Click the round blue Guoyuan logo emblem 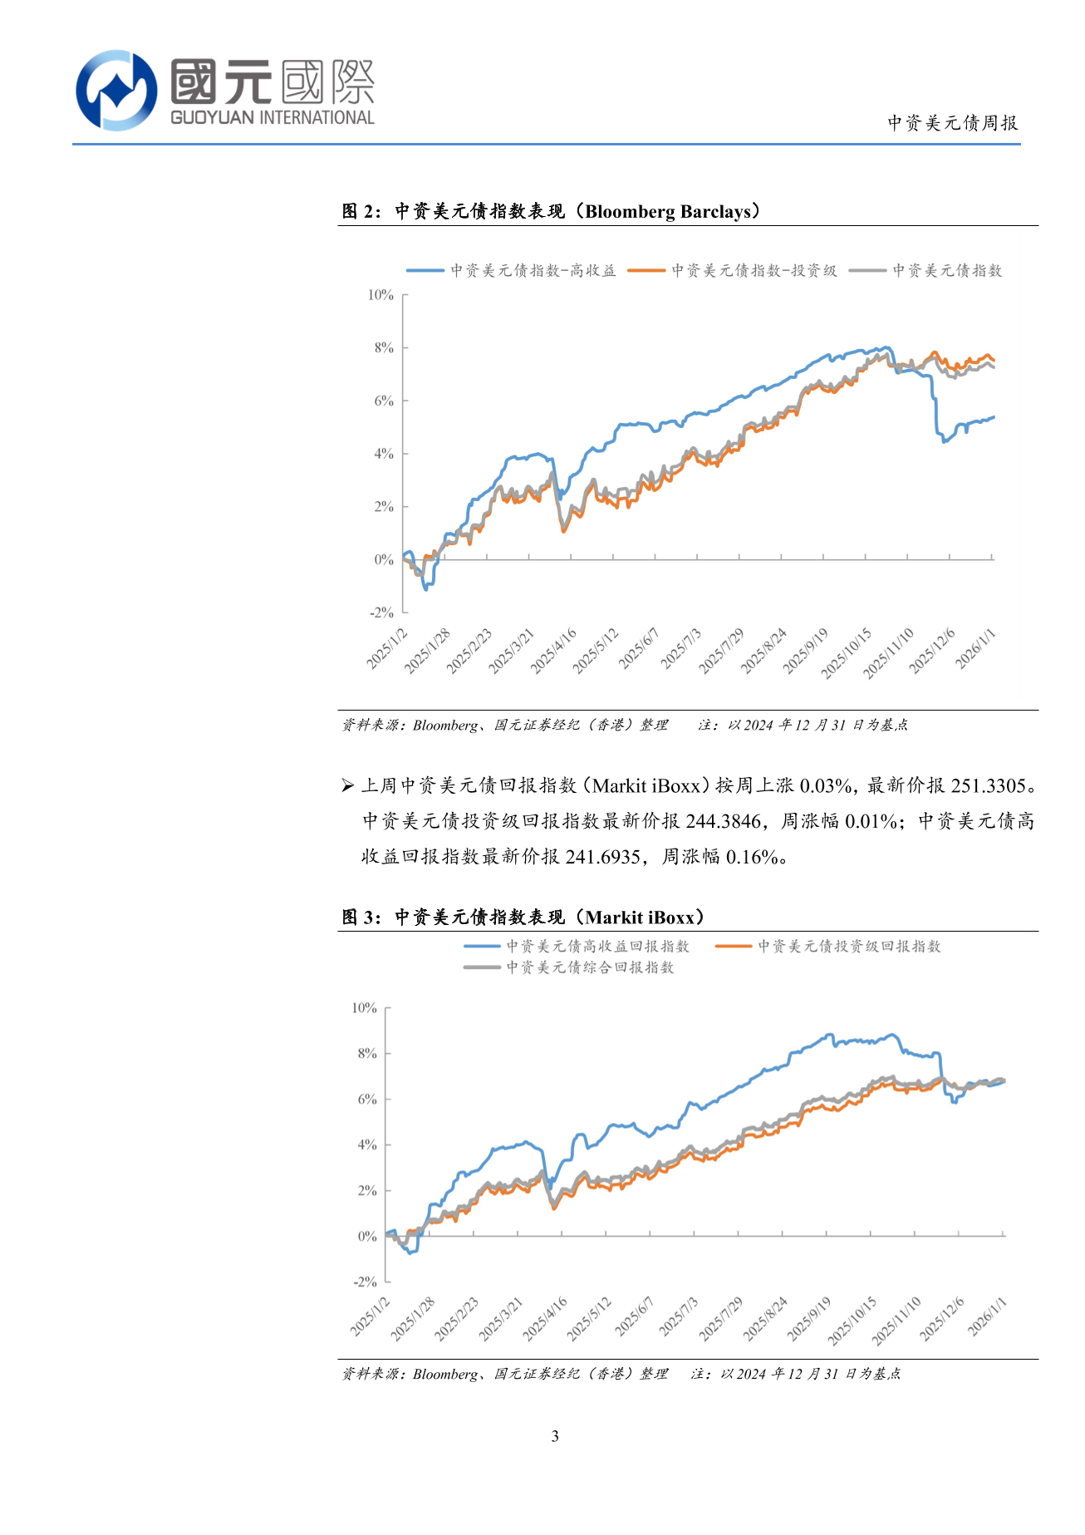coord(116,90)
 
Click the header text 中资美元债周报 coord(952,123)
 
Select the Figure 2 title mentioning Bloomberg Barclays coord(551,211)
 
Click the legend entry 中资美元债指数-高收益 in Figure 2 coord(533,271)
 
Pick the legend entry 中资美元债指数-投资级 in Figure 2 coord(754,271)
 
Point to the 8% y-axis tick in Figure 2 coord(383,347)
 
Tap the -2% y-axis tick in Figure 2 coord(381,613)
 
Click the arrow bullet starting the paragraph coord(347,785)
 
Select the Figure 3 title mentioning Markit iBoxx coord(523,918)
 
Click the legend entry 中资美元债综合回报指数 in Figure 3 coord(590,967)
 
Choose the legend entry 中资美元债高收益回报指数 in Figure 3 coord(597,947)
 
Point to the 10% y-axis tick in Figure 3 coord(364,1008)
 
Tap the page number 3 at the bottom coord(555,1436)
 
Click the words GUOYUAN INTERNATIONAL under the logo coord(272,118)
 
